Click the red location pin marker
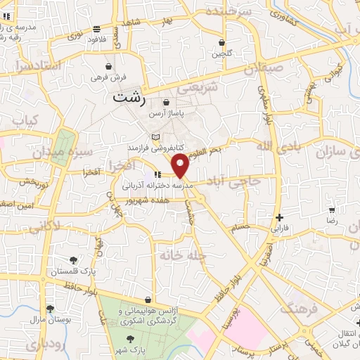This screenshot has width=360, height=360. tap(181, 167)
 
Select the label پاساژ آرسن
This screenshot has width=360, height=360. tap(166, 115)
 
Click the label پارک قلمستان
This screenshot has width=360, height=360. tap(73, 271)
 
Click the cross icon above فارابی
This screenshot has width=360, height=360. tap(280, 217)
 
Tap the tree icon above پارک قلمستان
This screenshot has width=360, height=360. tap(73, 259)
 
